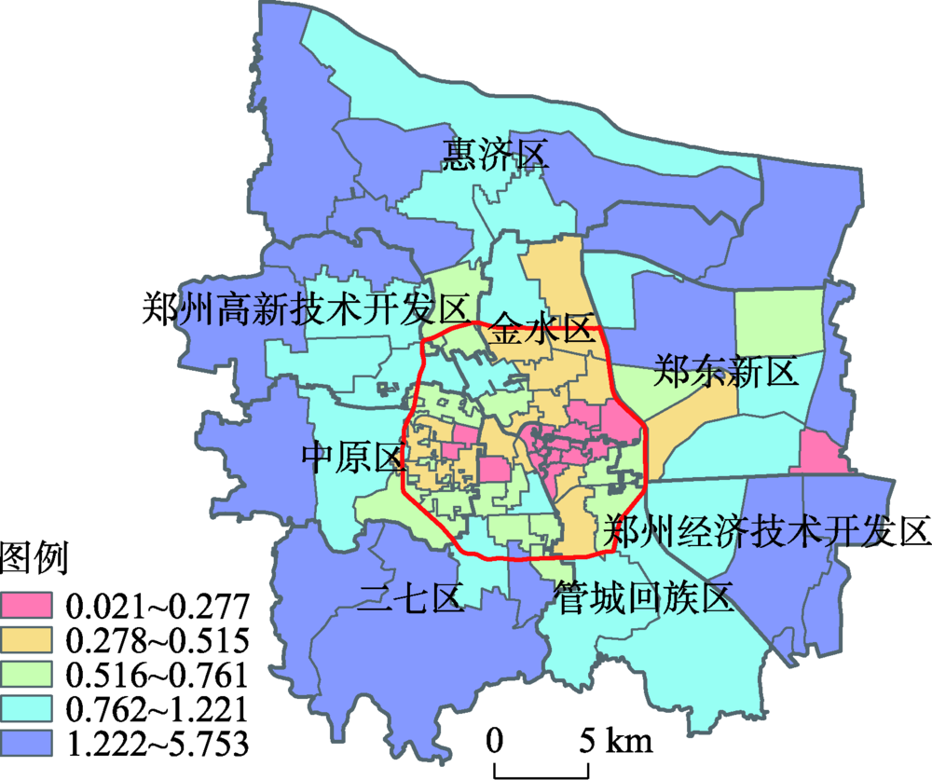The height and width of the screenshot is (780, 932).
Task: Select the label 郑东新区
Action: coord(726,371)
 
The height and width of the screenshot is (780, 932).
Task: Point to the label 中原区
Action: coord(352,458)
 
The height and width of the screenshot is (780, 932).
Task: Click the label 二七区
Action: coord(411,596)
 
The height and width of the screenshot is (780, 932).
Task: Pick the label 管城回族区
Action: coord(644,596)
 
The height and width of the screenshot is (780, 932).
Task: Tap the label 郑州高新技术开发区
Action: coord(304,306)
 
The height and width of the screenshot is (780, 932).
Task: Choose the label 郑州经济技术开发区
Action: coord(766,531)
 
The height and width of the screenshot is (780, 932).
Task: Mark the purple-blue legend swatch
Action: coord(28,743)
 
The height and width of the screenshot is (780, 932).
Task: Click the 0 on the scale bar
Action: coord(495,741)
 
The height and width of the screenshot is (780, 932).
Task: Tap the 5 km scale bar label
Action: coord(616,741)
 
